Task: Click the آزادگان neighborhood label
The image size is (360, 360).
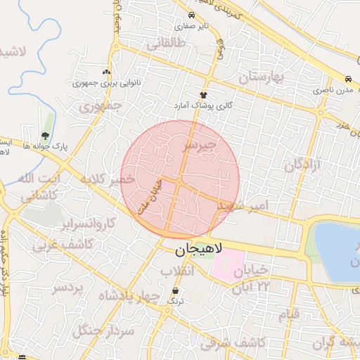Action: tap(302, 166)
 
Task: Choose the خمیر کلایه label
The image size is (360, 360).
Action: tap(108, 180)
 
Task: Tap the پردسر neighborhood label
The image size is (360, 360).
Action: tap(68, 288)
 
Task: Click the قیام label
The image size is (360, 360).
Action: tap(288, 314)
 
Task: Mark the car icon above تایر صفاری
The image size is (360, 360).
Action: tap(191, 15)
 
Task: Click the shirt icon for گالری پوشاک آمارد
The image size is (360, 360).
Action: tap(204, 94)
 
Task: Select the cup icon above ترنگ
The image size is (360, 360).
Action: tap(175, 290)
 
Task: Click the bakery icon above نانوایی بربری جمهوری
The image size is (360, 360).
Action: tap(106, 71)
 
